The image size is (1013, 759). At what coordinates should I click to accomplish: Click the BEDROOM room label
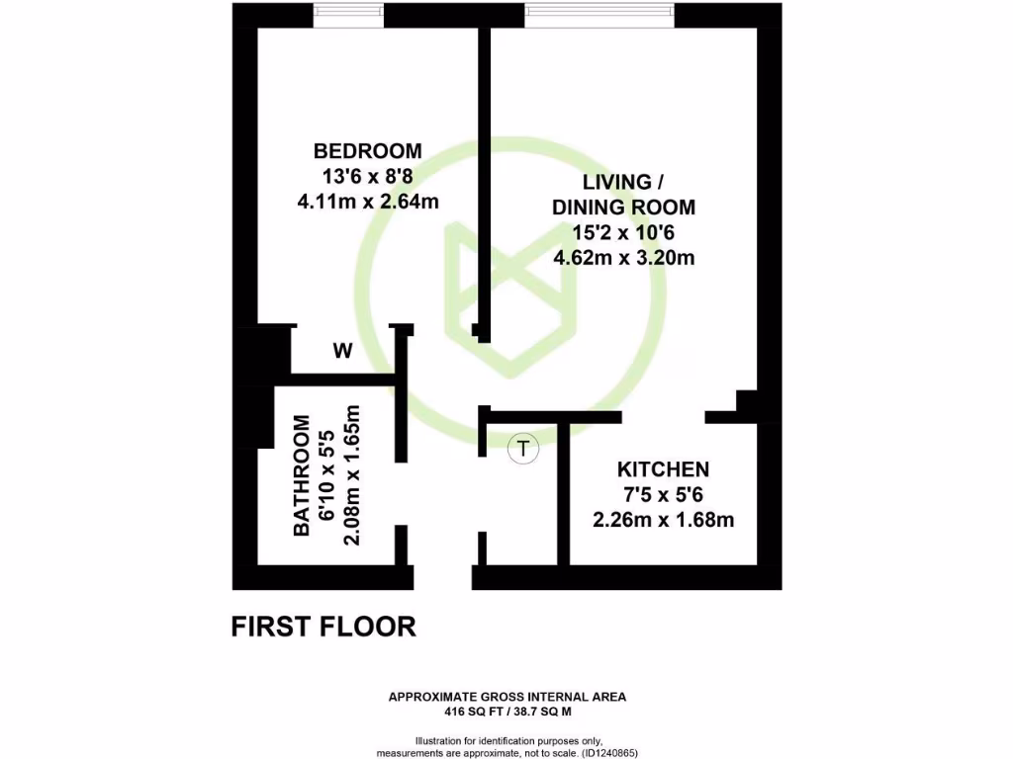pos(367,151)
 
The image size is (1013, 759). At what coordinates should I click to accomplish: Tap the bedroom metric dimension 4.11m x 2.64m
pos(367,202)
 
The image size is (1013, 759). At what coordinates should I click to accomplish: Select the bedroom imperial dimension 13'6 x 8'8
pos(367,176)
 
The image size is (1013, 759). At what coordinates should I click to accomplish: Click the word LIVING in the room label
pos(616,182)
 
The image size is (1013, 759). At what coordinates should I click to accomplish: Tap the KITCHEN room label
pos(663,468)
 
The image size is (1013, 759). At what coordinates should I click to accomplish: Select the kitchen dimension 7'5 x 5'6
pos(663,494)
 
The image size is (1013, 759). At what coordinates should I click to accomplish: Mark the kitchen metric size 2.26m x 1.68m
pos(663,520)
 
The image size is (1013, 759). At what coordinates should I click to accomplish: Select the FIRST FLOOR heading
pos(323,627)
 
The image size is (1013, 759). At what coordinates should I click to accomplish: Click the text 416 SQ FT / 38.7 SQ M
pos(506,711)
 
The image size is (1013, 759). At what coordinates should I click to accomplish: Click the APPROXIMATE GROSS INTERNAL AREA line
pos(506,697)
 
